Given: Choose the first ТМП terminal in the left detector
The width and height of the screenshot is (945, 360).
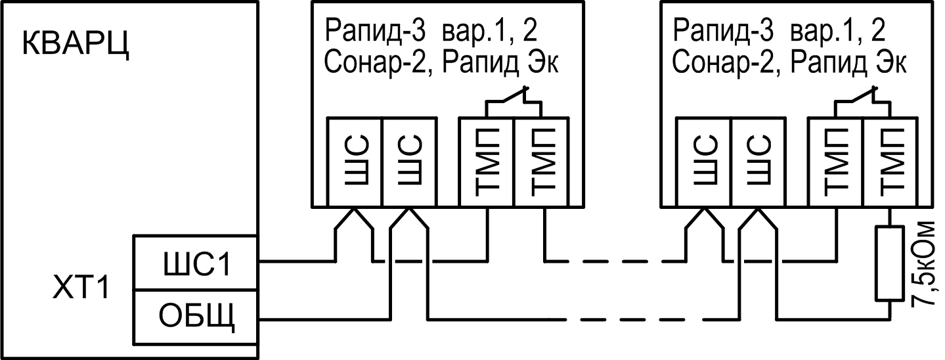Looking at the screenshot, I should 487,161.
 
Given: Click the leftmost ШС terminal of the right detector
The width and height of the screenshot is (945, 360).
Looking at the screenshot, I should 703,161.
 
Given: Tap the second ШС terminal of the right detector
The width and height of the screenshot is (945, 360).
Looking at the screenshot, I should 758,161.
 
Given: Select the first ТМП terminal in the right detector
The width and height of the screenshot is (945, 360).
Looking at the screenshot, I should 835,161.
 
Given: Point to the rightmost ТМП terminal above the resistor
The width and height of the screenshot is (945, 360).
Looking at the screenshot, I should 889,161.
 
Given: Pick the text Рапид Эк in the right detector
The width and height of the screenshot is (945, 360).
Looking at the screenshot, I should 847,64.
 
